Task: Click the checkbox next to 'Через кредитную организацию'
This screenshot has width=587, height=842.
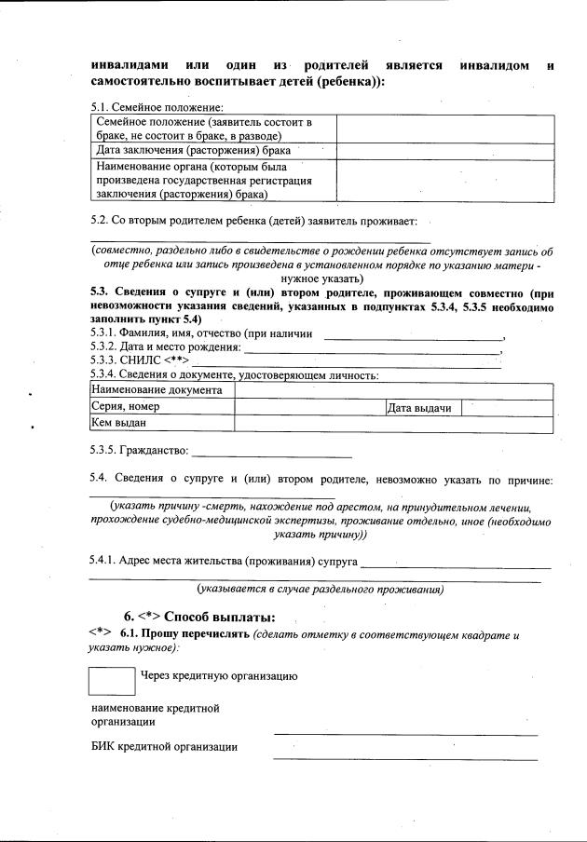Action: coord(112,680)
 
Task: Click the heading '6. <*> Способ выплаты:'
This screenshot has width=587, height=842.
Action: coord(199,617)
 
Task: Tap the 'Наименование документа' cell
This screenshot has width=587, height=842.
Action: coord(161,390)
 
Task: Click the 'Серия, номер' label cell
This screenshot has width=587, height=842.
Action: coord(161,407)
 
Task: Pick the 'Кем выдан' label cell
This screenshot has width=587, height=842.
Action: coord(161,424)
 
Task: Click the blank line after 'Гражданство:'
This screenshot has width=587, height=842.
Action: coord(270,455)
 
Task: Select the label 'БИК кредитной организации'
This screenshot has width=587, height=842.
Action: coord(164,747)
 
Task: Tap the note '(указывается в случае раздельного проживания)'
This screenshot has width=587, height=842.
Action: coord(320,589)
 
